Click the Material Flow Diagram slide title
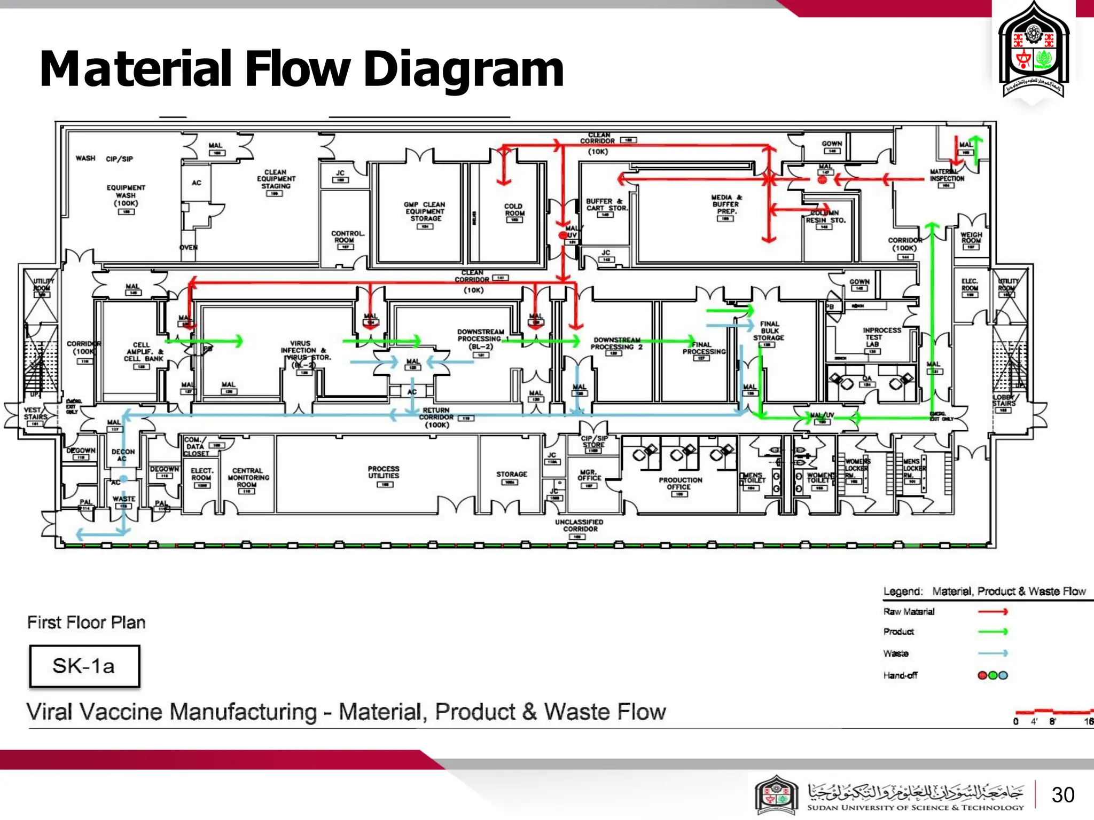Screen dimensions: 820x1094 [x=302, y=69]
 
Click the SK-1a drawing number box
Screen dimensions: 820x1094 [x=84, y=666]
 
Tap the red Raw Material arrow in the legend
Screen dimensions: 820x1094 [x=993, y=612]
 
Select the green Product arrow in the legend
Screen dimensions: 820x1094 [x=993, y=632]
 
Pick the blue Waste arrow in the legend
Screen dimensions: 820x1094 [x=993, y=653]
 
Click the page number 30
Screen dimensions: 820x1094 [x=1062, y=795]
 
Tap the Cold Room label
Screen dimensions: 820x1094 [x=514, y=210]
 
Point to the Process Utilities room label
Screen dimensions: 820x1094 [x=384, y=472]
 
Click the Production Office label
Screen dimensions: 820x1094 [x=680, y=484]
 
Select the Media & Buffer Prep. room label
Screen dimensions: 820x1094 [x=726, y=204]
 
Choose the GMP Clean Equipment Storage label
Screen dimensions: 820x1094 [x=425, y=211]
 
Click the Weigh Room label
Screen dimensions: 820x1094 [x=971, y=238]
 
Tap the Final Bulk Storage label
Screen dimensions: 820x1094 [x=769, y=331]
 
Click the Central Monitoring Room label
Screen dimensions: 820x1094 [x=248, y=478]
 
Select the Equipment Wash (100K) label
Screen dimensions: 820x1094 [x=126, y=195]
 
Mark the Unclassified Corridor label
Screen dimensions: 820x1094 [x=579, y=526]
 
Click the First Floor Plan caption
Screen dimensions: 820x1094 [x=86, y=622]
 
